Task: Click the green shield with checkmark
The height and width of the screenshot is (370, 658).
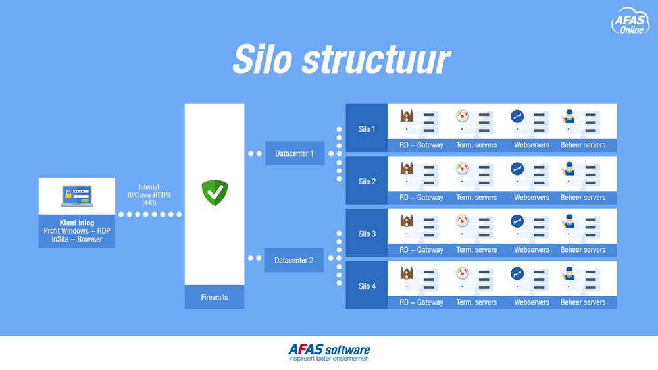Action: tap(215, 193)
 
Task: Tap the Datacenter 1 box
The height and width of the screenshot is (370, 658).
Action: tap(295, 153)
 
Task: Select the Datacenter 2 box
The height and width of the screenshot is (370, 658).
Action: tap(293, 261)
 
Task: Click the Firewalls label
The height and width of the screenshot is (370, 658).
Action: tap(215, 298)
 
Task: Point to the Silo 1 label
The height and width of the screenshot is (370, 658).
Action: tap(367, 129)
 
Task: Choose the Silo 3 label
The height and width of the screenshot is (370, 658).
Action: tap(367, 234)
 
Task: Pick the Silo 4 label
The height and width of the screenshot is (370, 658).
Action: tap(367, 286)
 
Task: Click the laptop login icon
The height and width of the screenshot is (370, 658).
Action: tap(77, 196)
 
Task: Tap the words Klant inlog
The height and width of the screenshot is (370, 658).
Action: tap(77, 223)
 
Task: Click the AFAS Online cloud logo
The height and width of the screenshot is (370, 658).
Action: tap(630, 21)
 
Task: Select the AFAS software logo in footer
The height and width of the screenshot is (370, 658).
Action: tap(329, 352)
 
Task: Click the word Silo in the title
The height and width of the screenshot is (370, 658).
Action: tap(263, 59)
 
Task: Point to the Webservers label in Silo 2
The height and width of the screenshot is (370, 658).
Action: tap(531, 198)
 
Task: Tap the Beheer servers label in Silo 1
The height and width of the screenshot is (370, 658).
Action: tap(583, 145)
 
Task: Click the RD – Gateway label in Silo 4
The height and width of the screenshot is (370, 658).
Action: tap(421, 302)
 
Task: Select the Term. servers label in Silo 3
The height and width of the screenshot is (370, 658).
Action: tap(476, 250)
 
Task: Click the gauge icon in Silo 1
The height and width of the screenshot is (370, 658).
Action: tap(462, 116)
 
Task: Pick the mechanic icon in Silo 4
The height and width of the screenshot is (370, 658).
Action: tap(569, 274)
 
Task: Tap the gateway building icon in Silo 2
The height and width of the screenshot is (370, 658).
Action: tap(406, 169)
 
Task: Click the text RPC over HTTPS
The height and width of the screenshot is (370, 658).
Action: tap(149, 195)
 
